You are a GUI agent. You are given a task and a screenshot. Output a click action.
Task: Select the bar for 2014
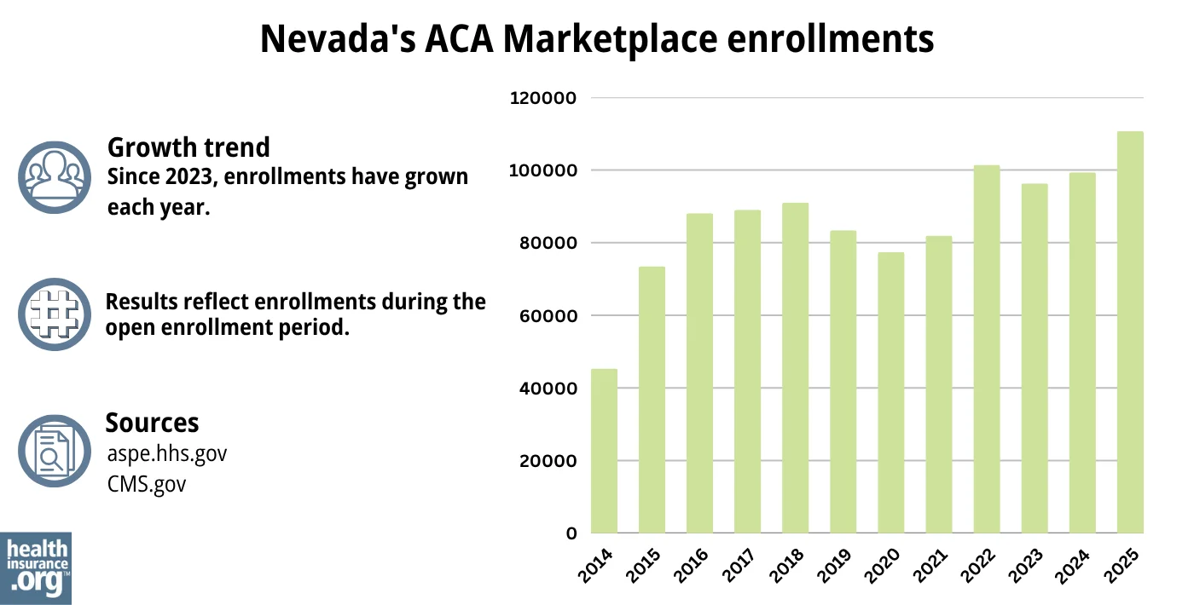(604, 451)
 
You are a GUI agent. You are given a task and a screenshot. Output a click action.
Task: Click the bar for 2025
(1130, 332)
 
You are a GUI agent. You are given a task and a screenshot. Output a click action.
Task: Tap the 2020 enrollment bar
(891, 392)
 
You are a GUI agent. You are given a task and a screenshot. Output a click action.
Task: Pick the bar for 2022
(987, 349)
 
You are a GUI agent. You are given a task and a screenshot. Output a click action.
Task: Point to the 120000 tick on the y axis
(543, 98)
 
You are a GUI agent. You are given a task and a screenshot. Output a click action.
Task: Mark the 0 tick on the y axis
(571, 533)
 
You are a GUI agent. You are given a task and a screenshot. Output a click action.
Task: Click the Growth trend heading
(188, 147)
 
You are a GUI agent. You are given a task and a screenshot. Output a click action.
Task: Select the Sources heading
(152, 423)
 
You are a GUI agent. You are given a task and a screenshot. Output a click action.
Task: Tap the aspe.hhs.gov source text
(167, 453)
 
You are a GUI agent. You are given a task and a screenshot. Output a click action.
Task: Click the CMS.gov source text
(146, 484)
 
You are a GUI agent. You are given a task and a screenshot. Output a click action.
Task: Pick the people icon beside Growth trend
(54, 176)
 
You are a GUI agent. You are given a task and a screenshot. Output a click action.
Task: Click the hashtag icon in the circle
(54, 314)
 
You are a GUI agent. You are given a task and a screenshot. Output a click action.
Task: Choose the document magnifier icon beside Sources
(54, 451)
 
